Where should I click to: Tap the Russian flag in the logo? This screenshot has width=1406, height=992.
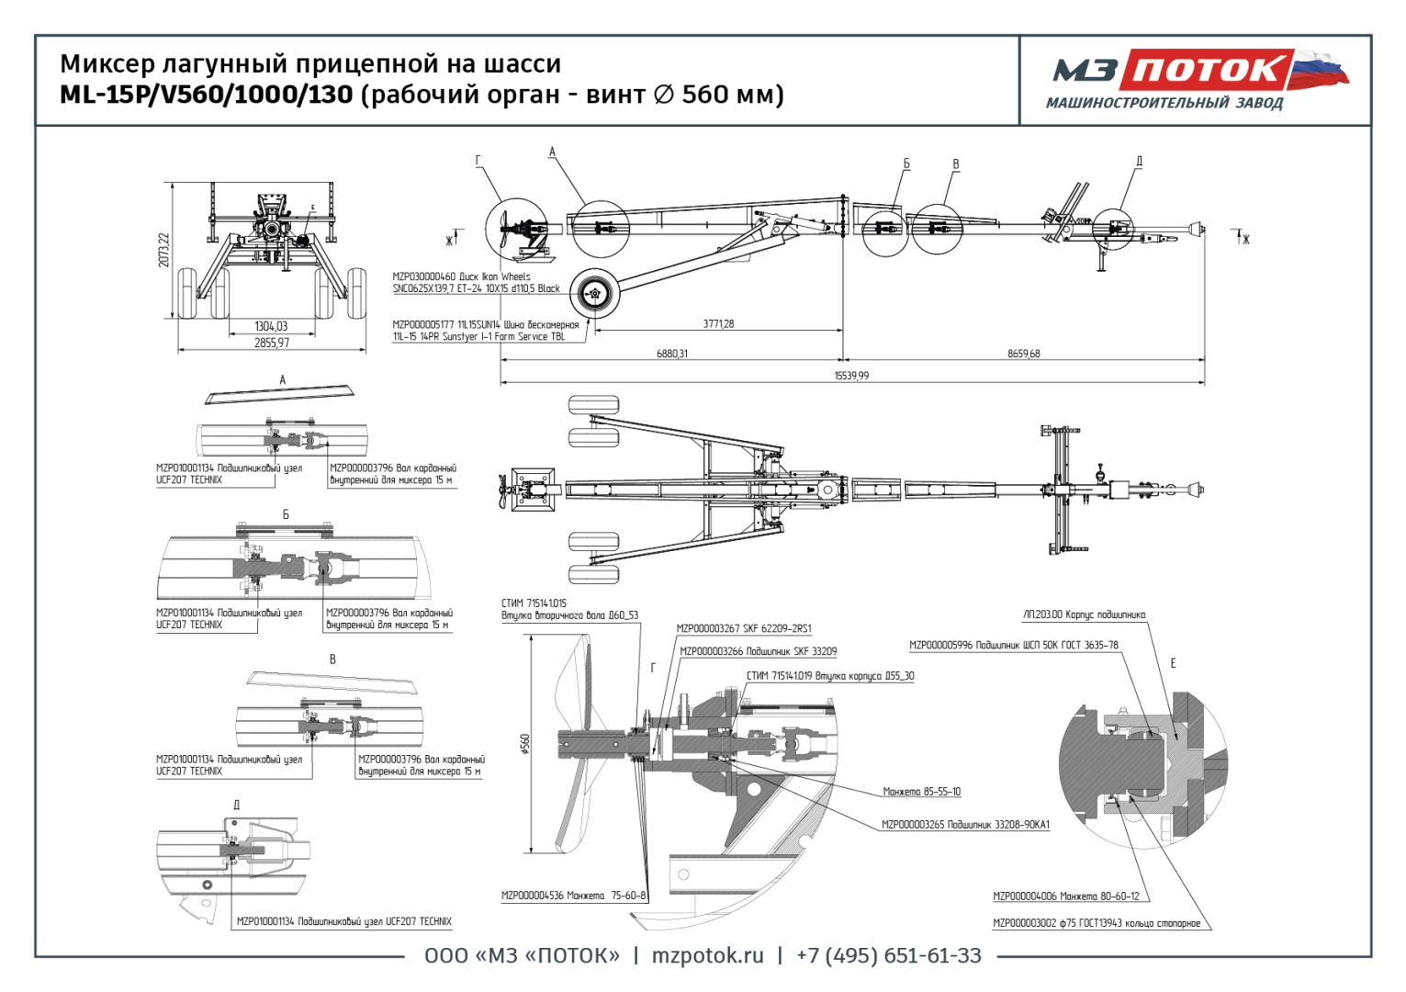coord(1320,69)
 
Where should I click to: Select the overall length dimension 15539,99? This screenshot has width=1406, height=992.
coord(850,376)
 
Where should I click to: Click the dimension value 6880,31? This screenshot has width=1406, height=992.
coord(671,354)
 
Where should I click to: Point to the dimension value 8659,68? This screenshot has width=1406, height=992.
coord(1023,354)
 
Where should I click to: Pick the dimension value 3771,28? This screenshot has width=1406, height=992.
coord(718,324)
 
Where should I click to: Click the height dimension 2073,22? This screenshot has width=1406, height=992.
coord(164,250)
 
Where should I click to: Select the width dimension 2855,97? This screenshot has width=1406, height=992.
coord(271,343)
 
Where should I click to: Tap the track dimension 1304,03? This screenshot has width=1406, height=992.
coord(271,326)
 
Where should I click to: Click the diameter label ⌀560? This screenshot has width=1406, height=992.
coord(525,744)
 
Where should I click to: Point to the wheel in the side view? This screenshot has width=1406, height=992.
coord(594,294)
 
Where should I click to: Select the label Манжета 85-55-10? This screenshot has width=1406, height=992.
coord(921,792)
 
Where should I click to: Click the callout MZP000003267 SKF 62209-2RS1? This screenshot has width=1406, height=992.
coord(744,629)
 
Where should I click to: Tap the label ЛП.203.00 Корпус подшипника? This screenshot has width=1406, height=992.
coord(1084,615)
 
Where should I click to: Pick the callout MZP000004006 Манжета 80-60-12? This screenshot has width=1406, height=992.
coord(1065,896)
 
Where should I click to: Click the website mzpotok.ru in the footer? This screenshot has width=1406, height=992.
coord(707,956)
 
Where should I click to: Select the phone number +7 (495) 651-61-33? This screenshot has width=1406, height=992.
coord(888,956)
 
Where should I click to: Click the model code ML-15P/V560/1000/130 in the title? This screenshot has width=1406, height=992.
coord(206,95)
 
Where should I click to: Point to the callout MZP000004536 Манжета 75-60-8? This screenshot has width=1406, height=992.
coord(573,896)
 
